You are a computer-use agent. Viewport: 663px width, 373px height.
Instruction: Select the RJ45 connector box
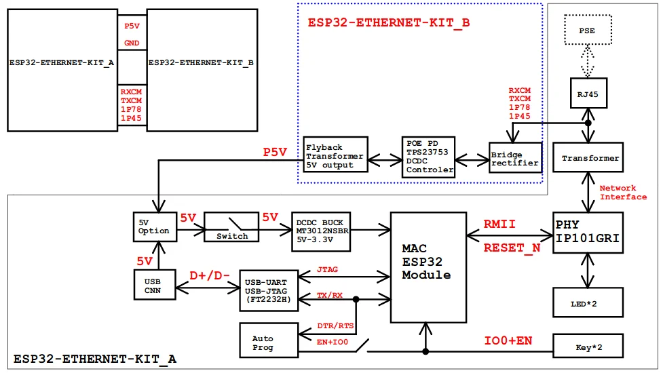(x=587, y=94)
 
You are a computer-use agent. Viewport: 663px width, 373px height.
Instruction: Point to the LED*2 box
(x=587, y=302)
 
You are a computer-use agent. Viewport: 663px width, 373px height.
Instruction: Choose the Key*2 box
(x=587, y=346)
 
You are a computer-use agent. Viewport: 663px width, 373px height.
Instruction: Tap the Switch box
(x=232, y=229)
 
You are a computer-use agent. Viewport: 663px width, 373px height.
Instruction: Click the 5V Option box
(x=154, y=227)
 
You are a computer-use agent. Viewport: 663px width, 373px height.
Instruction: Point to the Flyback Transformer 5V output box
(x=334, y=156)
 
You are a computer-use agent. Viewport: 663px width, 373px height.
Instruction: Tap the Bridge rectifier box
(x=515, y=159)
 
